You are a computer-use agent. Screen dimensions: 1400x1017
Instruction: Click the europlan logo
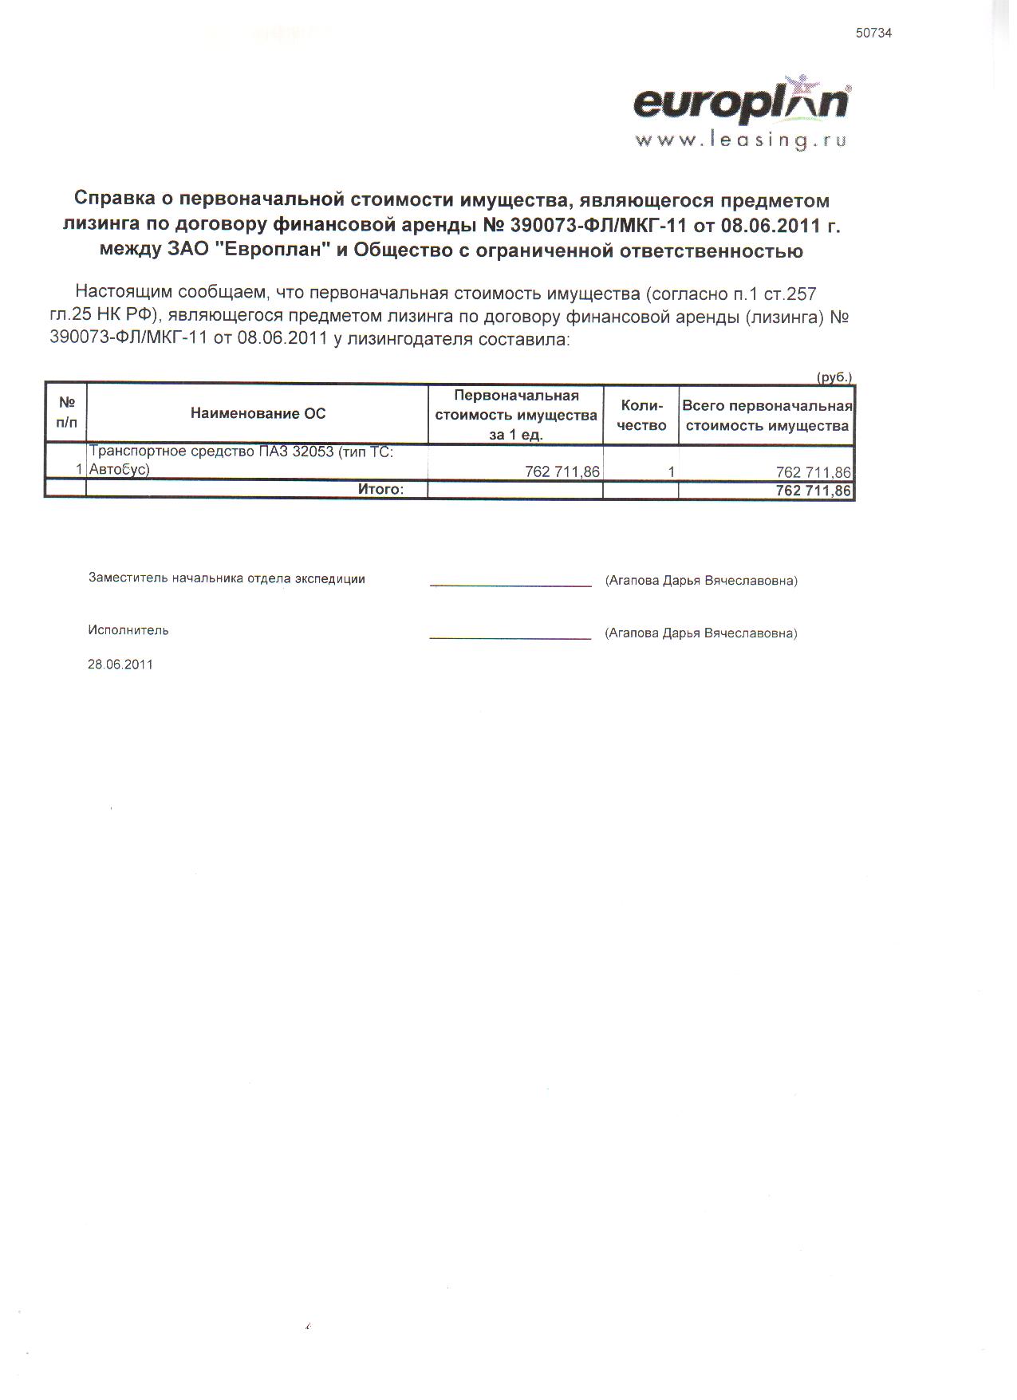tap(741, 104)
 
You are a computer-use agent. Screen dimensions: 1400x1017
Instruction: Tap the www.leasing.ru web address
tap(739, 140)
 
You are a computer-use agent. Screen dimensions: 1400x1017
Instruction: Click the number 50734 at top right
tap(873, 34)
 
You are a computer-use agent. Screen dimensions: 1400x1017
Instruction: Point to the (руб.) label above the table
tap(834, 377)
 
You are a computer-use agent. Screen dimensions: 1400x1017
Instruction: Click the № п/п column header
tap(66, 412)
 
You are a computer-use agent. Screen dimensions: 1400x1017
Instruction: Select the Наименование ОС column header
tap(258, 413)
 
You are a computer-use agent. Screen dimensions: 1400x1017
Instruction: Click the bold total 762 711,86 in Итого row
tap(813, 491)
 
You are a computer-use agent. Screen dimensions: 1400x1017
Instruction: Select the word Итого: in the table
tap(380, 489)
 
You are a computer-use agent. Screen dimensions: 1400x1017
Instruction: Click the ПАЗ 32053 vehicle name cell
tap(241, 460)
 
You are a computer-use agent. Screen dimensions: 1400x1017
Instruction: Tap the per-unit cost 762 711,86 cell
tap(562, 471)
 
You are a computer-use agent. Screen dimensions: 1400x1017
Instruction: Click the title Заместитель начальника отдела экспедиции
tap(227, 579)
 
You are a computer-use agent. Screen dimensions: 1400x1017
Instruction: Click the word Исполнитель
tap(128, 630)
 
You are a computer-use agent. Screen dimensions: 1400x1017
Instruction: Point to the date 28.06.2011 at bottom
tap(120, 664)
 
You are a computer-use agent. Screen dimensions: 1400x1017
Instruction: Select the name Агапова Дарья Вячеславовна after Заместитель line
tap(701, 581)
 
